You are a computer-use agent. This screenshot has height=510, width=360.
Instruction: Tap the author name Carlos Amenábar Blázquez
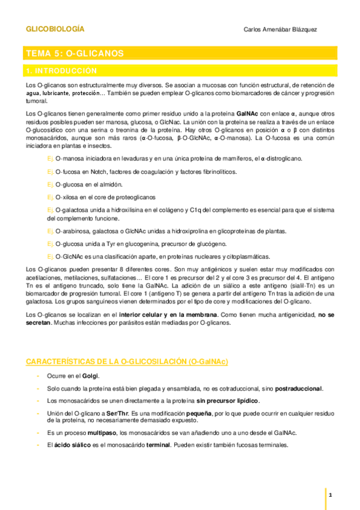pos(281,29)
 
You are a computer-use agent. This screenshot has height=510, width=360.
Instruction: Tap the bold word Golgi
pos(90,375)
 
